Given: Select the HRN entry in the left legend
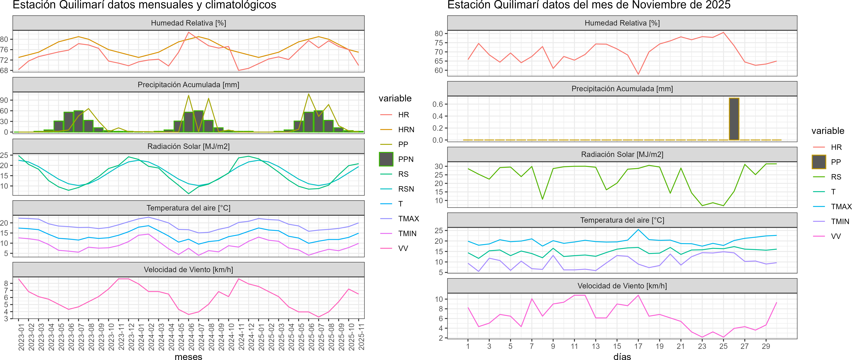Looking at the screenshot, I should pos(406,130).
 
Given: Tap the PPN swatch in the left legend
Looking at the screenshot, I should pos(386,159).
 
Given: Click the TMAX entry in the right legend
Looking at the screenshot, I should pos(841,207).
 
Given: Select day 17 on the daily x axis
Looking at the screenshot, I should pos(638,346).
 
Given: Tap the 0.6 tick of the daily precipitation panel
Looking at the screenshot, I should pos(438,104).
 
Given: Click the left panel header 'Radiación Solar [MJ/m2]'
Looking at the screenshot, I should pos(189,146).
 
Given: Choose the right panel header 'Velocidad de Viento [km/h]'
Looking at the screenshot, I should pos(622,286).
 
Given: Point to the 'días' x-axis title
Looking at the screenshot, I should pos(622,356).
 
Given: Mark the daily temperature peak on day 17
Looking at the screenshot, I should pos(638,230).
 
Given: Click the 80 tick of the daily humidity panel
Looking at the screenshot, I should pos(439,33).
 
